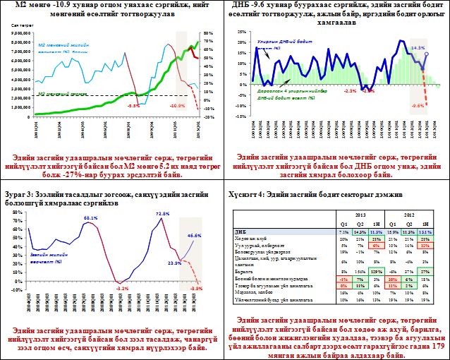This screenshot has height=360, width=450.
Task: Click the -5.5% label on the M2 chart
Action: click(x=133, y=105)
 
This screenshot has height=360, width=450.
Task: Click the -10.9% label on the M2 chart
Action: click(x=176, y=105)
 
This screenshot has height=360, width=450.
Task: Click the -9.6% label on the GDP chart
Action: click(x=418, y=105)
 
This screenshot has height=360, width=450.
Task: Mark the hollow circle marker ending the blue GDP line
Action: click(x=426, y=54)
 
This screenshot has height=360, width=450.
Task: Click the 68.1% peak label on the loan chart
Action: click(x=91, y=218)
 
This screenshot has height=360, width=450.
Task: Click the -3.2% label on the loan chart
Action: click(x=123, y=289)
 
